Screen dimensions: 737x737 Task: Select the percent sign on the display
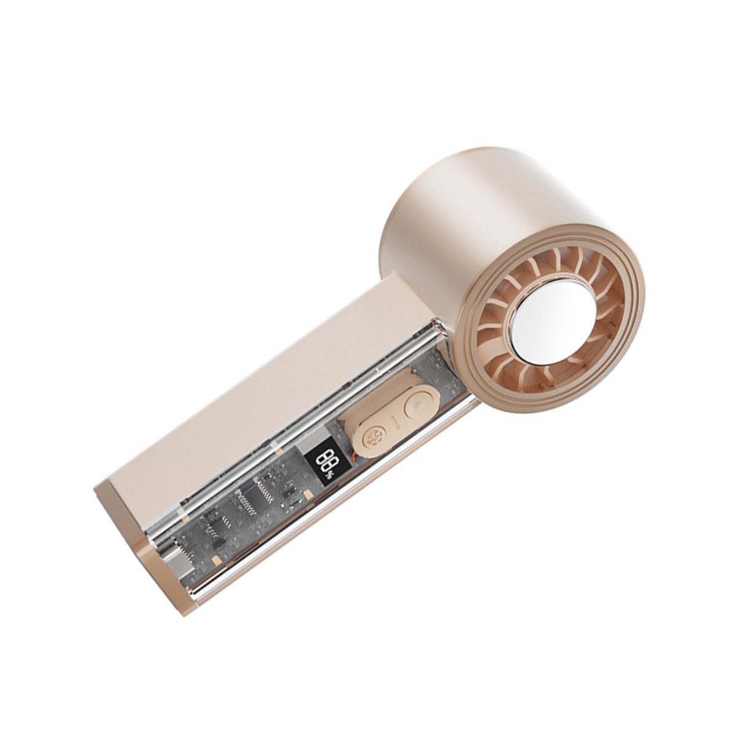(x=329, y=476)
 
